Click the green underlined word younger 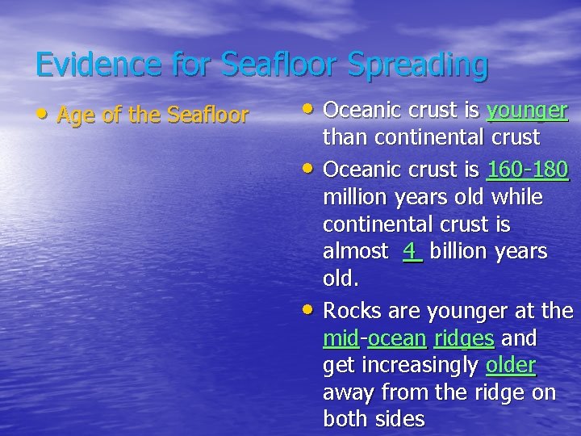[x=528, y=111]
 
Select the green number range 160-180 [x=528, y=170]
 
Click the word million [x=355, y=198]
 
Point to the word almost [x=355, y=251]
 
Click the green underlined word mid [x=341, y=337]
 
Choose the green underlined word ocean [x=396, y=337]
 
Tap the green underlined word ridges [x=464, y=337]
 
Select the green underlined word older [x=511, y=365]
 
